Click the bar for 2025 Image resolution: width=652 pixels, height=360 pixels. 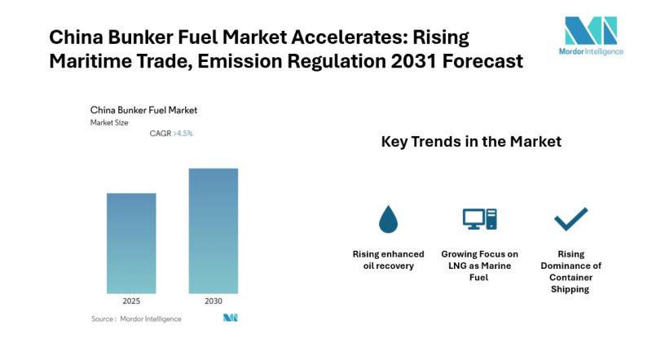[x=131, y=243]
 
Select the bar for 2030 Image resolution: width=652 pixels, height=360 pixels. [x=214, y=230]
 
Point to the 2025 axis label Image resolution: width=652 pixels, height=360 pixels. [x=131, y=301]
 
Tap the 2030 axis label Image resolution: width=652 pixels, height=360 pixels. [x=214, y=301]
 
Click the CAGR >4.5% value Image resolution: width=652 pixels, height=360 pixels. [x=171, y=133]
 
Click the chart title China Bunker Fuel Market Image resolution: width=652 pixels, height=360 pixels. [x=143, y=110]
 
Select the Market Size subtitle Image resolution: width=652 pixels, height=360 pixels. [x=109, y=122]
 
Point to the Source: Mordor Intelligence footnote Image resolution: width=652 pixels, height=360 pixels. [x=136, y=318]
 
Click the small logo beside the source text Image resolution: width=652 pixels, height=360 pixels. [x=230, y=318]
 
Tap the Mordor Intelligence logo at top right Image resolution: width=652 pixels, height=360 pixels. [x=593, y=36]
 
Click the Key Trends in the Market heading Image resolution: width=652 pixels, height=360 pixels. [x=471, y=142]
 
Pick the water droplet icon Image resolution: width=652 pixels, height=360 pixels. [x=388, y=218]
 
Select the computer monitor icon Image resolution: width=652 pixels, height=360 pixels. [x=479, y=218]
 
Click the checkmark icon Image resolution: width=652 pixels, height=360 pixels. [x=570, y=218]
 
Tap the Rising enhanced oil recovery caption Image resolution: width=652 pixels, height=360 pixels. [x=388, y=260]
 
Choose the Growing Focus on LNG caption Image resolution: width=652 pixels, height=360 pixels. [x=479, y=266]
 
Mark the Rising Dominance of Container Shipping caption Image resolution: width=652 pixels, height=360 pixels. [x=570, y=271]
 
